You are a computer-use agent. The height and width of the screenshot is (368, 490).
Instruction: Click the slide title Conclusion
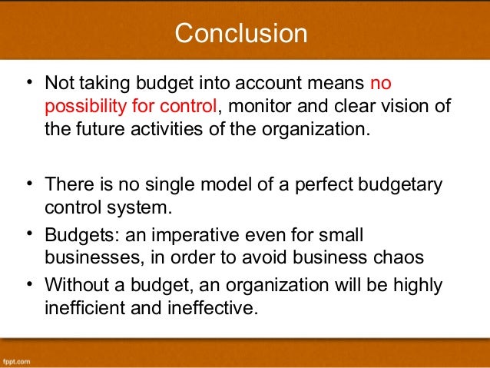240,33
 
